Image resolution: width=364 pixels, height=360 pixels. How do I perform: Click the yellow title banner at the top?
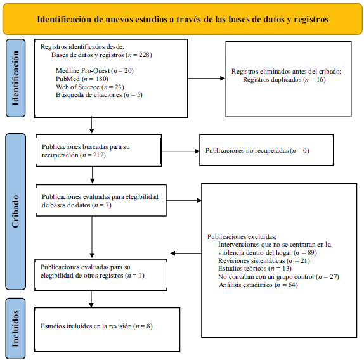[x=183, y=19]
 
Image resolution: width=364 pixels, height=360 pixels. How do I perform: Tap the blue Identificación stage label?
[x=16, y=78]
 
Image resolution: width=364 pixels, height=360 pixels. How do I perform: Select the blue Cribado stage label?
[x=16, y=212]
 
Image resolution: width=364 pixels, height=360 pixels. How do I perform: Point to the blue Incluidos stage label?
[x=16, y=329]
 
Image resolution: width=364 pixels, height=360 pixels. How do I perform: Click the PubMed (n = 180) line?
[x=82, y=79]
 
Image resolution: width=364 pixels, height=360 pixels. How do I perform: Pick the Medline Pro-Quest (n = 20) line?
[x=94, y=70]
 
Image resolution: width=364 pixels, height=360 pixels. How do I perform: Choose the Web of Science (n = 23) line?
[x=90, y=87]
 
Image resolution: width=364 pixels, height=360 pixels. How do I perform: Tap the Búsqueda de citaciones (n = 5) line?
[x=99, y=95]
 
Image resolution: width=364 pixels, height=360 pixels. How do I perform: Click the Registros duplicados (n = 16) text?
[x=284, y=80]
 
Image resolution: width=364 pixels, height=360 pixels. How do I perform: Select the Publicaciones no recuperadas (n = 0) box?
[x=266, y=150]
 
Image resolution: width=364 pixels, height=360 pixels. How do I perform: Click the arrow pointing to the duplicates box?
[x=206, y=79]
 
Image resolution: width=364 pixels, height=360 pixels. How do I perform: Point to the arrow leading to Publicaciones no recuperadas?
[x=181, y=151]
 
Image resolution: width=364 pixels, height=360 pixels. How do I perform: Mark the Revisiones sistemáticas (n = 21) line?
[x=264, y=260]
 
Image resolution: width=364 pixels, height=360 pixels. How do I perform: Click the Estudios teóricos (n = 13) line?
[x=255, y=269]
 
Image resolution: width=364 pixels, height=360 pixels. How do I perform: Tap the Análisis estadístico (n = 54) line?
[x=258, y=285]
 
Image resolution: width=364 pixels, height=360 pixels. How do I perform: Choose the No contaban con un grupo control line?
[x=278, y=277]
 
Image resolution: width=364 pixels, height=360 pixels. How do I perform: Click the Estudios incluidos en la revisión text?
[x=96, y=326]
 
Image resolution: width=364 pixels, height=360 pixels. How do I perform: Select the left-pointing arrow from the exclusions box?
[x=186, y=253]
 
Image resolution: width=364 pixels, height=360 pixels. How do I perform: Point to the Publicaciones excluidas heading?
[x=242, y=236]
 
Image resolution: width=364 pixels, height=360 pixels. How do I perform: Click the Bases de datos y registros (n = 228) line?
[x=101, y=55]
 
